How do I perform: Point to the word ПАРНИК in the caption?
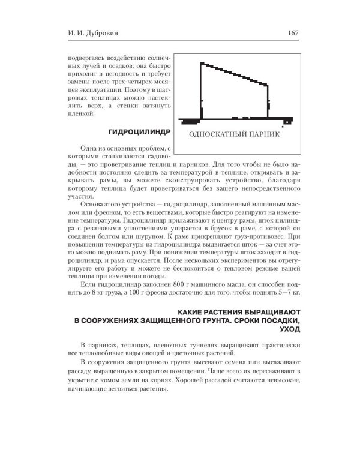[x=266, y=134]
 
